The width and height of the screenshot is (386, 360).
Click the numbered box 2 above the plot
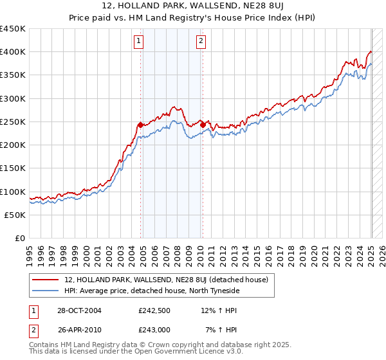click(x=201, y=42)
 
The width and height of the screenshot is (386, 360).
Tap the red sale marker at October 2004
click(x=140, y=124)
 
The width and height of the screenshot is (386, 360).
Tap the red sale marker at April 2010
click(x=203, y=124)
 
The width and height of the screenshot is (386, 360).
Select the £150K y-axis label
click(x=13, y=168)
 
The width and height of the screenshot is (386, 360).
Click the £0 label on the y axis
click(x=19, y=239)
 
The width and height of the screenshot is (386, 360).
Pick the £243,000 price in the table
click(x=153, y=328)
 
